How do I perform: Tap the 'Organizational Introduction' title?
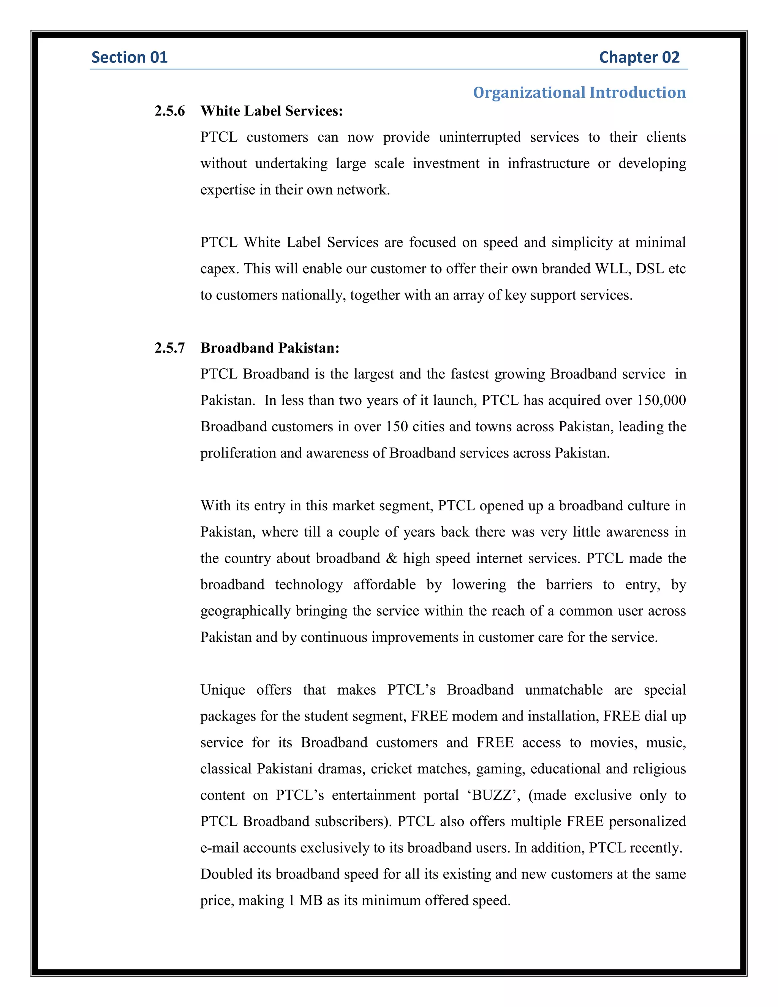coord(579,92)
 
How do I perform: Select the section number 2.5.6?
coord(169,111)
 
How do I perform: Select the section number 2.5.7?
coord(169,348)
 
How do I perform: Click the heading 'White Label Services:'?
coord(272,111)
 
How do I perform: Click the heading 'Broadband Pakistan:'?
coord(270,348)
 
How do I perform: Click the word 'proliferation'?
coord(238,453)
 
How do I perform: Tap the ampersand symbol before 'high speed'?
coord(391,558)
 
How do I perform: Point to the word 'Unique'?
coord(223,690)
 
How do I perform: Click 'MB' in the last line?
coord(311,901)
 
